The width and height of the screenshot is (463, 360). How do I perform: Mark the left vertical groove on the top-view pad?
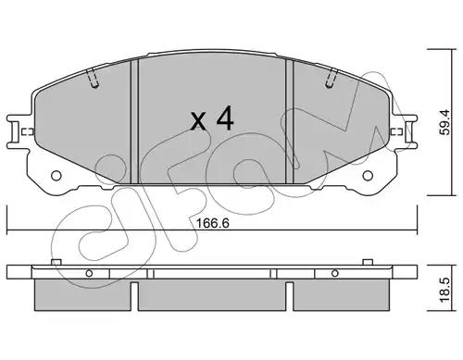(x=135, y=120)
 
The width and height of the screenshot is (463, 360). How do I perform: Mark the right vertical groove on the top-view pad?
(x=292, y=120)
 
